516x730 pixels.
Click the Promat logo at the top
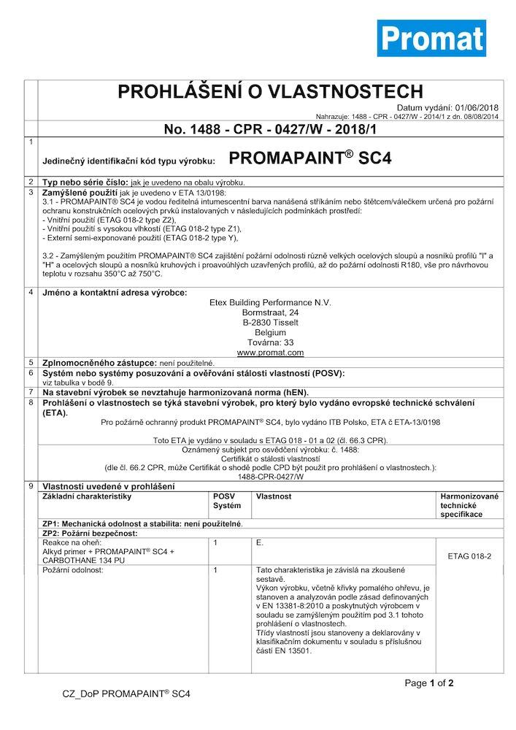click(431, 39)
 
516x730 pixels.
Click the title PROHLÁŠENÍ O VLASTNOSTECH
click(270, 91)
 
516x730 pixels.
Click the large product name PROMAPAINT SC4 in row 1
click(310, 158)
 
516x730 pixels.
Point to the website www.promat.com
click(270, 353)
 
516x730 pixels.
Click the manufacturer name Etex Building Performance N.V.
click(270, 301)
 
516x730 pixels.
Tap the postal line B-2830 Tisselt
click(270, 322)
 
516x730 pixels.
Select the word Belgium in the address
click(270, 332)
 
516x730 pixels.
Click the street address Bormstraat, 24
click(270, 312)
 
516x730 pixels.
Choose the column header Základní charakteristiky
click(87, 496)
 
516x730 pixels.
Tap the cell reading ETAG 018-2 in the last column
click(469, 556)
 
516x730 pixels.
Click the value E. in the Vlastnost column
click(261, 543)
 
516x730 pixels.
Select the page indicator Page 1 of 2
click(429, 683)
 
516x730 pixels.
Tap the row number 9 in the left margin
click(30, 486)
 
